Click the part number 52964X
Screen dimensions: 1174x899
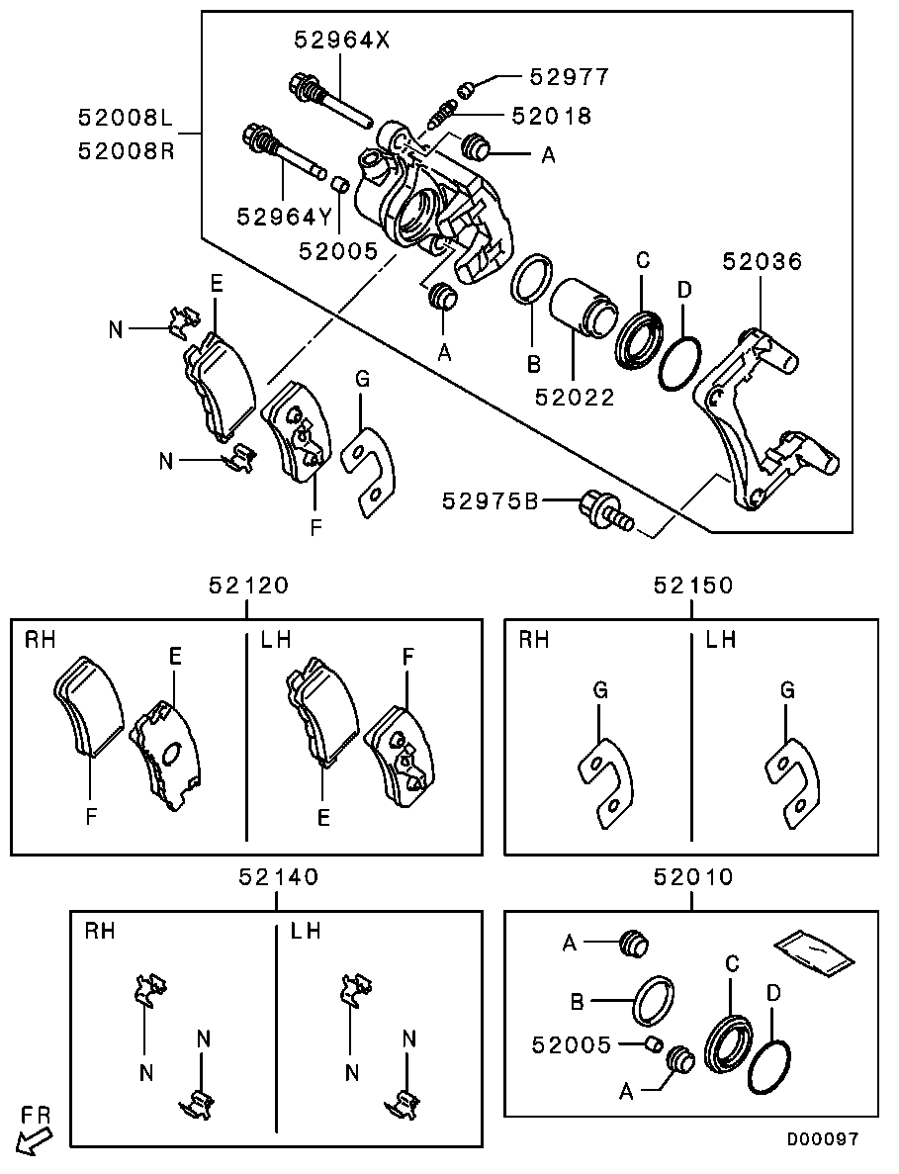[342, 41]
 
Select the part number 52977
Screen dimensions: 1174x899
[569, 76]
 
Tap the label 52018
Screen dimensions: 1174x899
[551, 116]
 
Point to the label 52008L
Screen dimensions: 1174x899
[127, 118]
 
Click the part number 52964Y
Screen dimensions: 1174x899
[284, 216]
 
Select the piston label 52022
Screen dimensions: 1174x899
[575, 398]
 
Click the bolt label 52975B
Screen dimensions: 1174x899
[490, 501]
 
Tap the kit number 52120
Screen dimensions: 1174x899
[248, 586]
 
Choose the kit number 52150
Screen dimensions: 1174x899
[692, 586]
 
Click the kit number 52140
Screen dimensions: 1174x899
[278, 876]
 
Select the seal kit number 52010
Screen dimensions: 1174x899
[692, 876]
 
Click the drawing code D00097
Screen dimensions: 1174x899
[822, 1139]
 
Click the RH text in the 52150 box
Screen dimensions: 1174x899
[534, 640]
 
